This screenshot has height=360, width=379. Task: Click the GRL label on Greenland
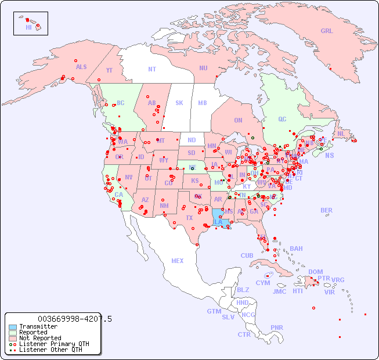(x=327, y=31)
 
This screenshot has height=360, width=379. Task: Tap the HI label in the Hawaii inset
(x=28, y=27)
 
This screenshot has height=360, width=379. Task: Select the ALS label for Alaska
(x=81, y=67)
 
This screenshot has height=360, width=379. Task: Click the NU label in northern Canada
(x=203, y=68)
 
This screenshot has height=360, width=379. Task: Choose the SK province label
(x=179, y=103)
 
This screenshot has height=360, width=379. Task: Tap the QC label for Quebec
(x=282, y=119)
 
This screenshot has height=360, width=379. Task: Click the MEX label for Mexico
(x=178, y=261)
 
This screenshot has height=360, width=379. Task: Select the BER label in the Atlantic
(x=327, y=211)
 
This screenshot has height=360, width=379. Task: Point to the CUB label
(x=247, y=255)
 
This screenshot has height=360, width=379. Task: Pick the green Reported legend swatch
(x=13, y=333)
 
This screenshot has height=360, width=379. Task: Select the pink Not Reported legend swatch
(x=13, y=338)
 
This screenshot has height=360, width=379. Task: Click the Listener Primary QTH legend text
(x=54, y=344)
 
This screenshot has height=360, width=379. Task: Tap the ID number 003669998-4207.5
(x=75, y=319)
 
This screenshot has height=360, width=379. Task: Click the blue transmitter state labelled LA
(x=218, y=222)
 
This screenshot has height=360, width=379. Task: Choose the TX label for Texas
(x=189, y=218)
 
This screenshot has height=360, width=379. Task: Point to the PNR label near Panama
(x=277, y=327)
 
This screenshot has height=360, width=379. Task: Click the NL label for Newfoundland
(x=341, y=134)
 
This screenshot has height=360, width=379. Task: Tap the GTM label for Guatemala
(x=214, y=311)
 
